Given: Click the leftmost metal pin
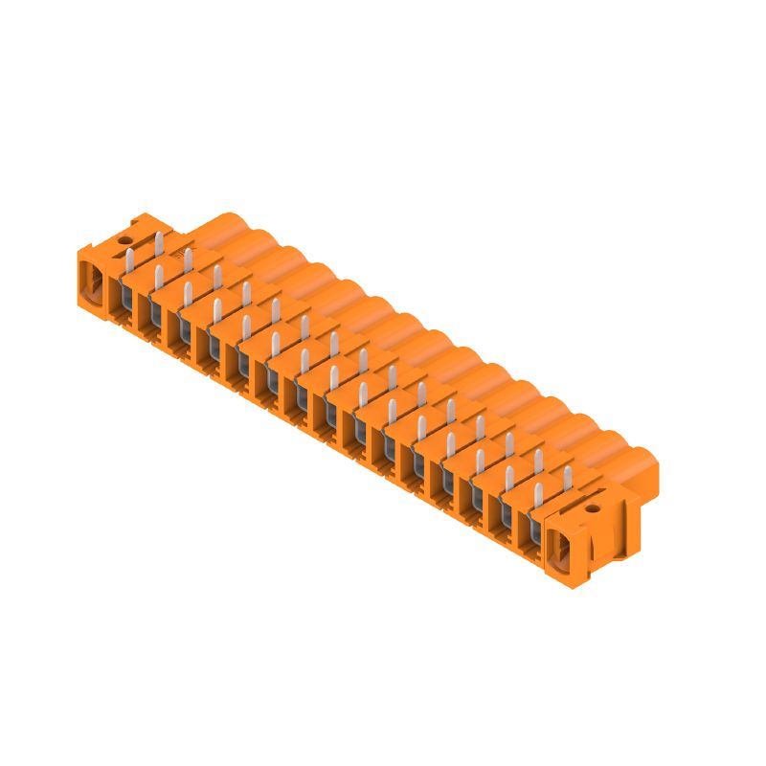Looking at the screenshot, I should (129, 259).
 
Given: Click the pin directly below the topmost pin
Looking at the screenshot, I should (158, 278).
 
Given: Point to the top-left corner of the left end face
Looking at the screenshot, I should (78, 251).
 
